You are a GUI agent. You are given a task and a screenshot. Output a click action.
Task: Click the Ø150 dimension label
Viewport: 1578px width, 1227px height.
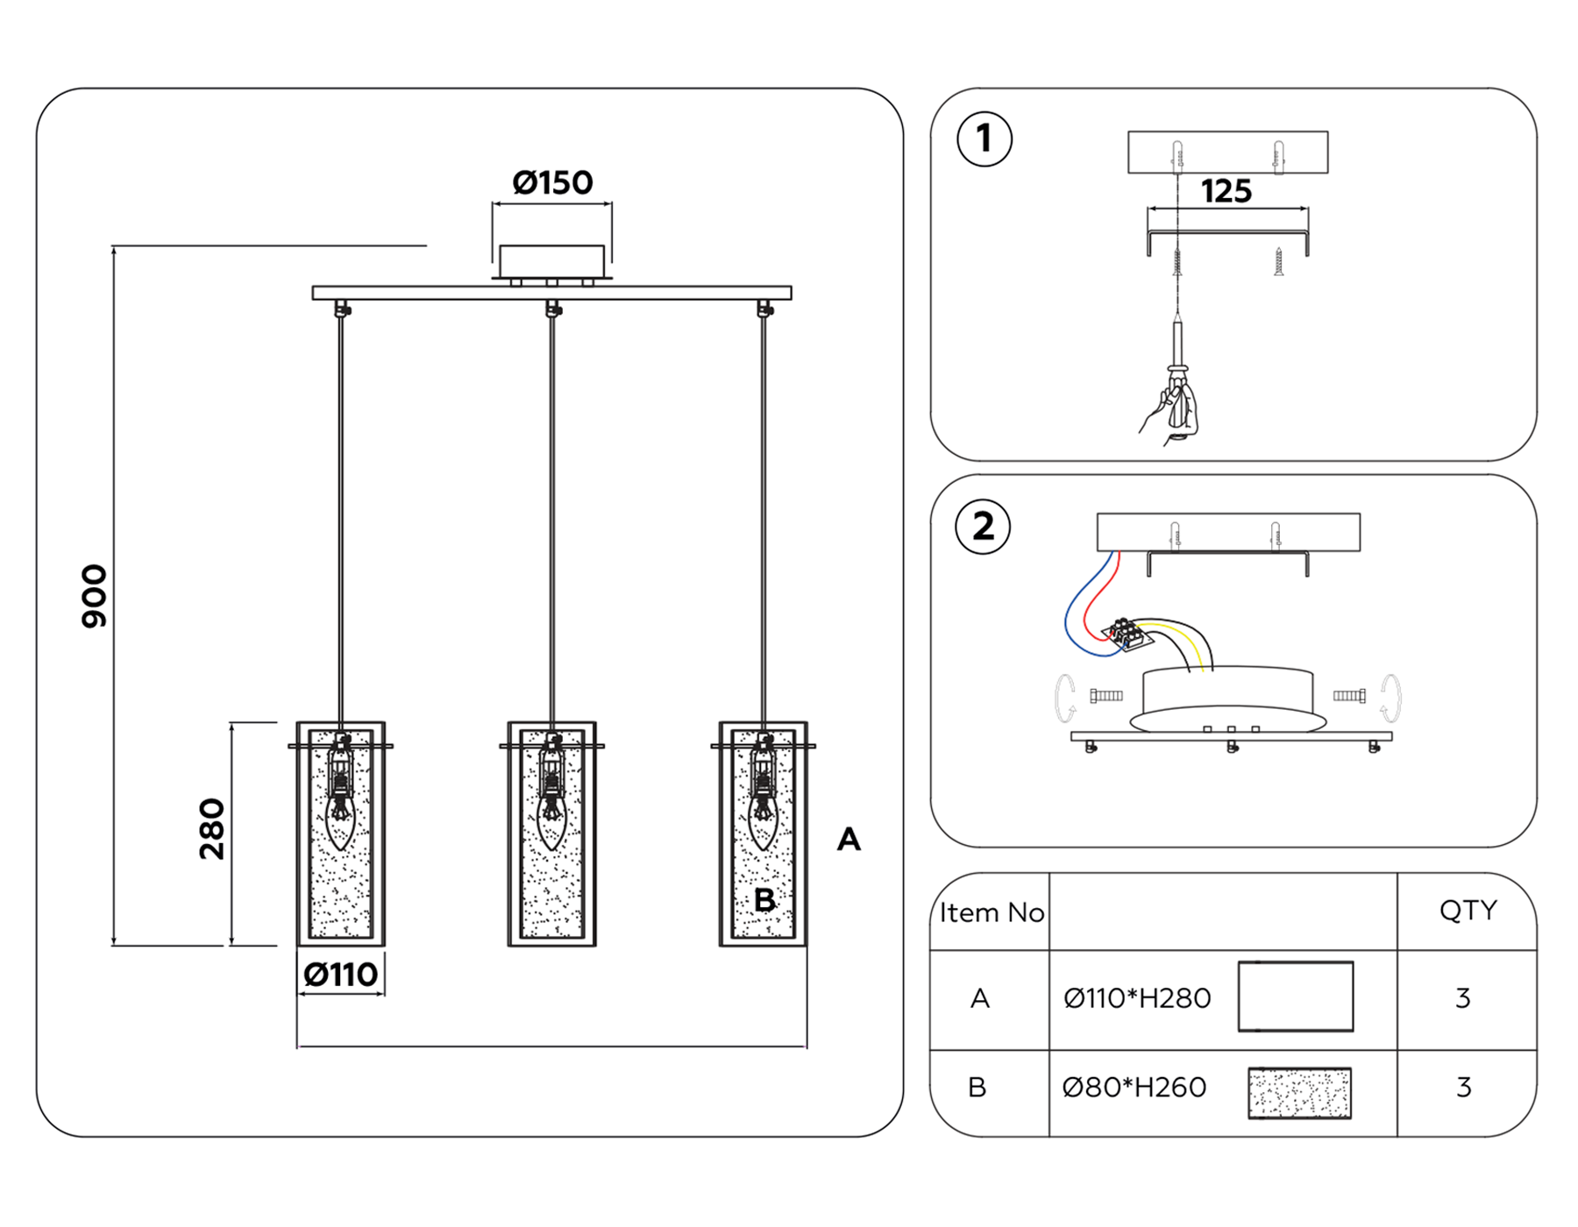[x=552, y=182]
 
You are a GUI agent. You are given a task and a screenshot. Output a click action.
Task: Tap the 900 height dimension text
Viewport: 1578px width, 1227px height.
[x=94, y=596]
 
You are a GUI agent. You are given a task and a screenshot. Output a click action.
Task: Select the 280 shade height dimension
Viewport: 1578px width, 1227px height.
[x=212, y=829]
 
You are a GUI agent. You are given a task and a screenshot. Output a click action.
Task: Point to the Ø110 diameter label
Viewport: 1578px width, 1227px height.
[x=340, y=975]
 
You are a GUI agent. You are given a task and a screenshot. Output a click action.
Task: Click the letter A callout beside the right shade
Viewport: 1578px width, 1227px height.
[x=849, y=840]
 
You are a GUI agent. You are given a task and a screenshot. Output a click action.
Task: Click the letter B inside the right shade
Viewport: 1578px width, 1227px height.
[x=764, y=900]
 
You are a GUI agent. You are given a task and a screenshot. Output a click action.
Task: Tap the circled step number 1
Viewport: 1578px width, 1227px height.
[x=984, y=139]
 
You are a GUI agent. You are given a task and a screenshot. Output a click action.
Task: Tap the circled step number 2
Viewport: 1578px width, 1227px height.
[x=983, y=527]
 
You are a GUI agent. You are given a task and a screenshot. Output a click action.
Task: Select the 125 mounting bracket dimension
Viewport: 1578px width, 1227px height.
[x=1226, y=191]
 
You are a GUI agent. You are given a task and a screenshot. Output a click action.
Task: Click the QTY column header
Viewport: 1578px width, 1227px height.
[x=1467, y=911]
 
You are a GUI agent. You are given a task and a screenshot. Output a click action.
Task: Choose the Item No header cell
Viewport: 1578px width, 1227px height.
[x=991, y=912]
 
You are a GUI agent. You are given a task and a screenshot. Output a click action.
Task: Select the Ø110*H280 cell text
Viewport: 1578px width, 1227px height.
[x=1137, y=998]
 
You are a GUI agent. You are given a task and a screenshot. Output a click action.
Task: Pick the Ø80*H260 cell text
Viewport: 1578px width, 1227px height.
[x=1134, y=1088]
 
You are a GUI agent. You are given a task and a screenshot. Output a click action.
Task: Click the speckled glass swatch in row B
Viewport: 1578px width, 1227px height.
[x=1299, y=1093]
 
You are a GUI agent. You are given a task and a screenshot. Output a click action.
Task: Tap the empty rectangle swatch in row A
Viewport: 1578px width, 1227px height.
[x=1295, y=996]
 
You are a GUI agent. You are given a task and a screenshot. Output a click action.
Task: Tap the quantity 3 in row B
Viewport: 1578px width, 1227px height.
[x=1463, y=1088]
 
